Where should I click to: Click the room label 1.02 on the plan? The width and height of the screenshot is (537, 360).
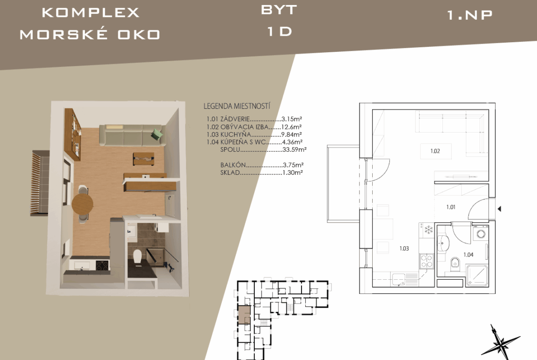coord(435,151)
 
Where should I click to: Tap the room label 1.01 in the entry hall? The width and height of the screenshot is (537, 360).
coord(451,207)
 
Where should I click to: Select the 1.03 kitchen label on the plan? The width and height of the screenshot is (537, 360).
coord(404,249)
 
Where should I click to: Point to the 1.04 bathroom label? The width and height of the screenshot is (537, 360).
coord(468,255)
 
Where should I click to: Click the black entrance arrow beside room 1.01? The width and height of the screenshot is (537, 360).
coord(499,208)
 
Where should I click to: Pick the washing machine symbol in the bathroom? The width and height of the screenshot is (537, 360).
coord(481,234)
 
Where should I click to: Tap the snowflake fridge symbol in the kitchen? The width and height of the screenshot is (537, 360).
coord(428,229)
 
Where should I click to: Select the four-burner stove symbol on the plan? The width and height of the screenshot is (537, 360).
coord(427,261)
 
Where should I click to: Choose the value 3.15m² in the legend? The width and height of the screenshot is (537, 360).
coord(291,119)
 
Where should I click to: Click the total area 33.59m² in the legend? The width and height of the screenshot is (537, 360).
coord(295,150)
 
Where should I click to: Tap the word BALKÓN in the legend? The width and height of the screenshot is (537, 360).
coord(233,165)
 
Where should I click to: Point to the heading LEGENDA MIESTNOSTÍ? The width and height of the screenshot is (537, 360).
coord(237,106)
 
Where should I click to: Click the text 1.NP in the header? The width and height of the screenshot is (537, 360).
coord(470,15)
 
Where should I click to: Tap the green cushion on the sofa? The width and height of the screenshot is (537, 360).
coord(157,133)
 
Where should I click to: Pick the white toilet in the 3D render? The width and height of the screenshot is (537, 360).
coord(137,257)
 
